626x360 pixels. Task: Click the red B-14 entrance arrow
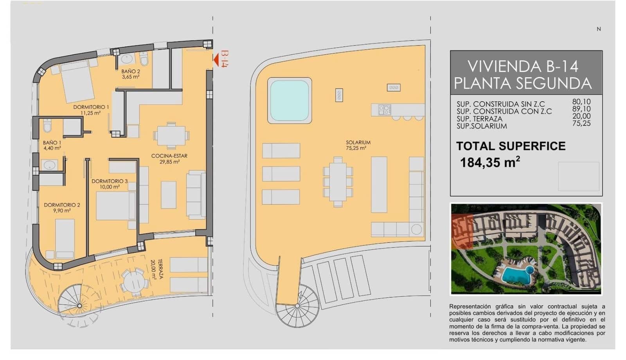[x=216, y=59]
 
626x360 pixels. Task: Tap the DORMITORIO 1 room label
[x=91, y=110]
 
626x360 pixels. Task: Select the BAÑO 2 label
[x=130, y=74]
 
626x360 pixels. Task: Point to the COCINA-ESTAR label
[x=169, y=158]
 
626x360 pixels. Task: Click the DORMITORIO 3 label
[x=110, y=184]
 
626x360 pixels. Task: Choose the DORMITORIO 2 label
[x=62, y=207]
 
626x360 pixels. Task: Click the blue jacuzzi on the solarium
[x=289, y=100]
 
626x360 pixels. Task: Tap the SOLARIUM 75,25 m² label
[x=358, y=145]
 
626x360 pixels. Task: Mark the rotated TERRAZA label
[x=158, y=270]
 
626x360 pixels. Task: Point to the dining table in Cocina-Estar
[x=171, y=135]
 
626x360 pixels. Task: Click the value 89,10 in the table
[x=581, y=109]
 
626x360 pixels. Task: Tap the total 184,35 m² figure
[x=490, y=162]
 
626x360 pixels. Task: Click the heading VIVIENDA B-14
[x=523, y=67]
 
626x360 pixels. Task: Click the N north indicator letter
[x=598, y=29]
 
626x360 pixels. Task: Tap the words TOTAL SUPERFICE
[x=511, y=146]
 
